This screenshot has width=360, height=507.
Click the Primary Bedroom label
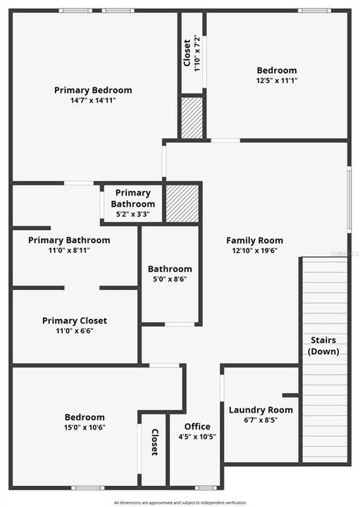click(93, 90)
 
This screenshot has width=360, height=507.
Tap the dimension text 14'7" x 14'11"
click(93, 101)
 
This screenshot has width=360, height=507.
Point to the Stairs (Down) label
click(323, 346)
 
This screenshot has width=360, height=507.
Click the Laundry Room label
click(261, 410)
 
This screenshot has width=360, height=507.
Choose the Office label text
click(197, 427)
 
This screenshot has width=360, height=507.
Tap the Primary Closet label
click(75, 321)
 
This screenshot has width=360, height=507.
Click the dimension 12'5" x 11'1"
click(276, 81)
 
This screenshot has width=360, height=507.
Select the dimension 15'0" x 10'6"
click(85, 427)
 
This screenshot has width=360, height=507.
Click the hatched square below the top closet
click(192, 118)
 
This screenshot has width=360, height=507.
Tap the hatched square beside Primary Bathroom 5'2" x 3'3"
click(182, 204)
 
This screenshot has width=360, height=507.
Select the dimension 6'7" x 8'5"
click(261, 420)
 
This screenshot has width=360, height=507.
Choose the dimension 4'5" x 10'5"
click(197, 437)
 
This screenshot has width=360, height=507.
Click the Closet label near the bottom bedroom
click(155, 443)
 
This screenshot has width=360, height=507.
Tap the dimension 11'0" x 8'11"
click(69, 250)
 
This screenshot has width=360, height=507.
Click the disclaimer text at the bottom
click(180, 503)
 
